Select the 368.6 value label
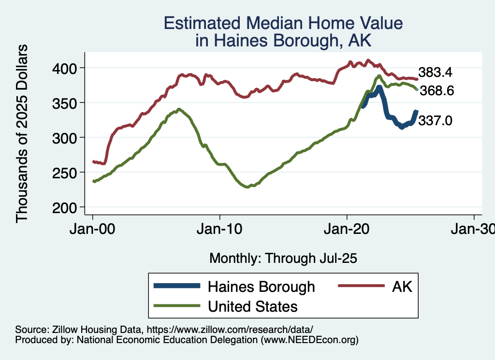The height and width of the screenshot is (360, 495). pyautogui.click(x=437, y=91)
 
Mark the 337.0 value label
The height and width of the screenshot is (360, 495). pyautogui.click(x=435, y=121)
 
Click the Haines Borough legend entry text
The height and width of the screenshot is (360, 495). pyautogui.click(x=261, y=287)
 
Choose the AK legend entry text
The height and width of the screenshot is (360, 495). pyautogui.click(x=402, y=287)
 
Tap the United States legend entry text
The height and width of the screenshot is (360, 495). pyautogui.click(x=252, y=306)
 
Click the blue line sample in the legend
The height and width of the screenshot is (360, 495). pyautogui.click(x=177, y=287)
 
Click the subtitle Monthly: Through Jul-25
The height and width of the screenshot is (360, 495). pyautogui.click(x=283, y=259)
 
